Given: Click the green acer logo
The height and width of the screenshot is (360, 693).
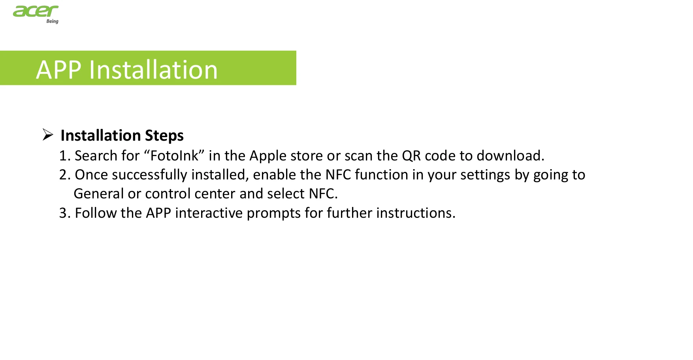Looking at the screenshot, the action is (x=36, y=11).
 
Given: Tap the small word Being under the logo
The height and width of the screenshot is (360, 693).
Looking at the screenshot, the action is (x=52, y=21).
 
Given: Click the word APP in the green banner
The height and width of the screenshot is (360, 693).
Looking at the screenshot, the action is (x=59, y=70).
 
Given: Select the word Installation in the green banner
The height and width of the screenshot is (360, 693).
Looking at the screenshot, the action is (x=153, y=70).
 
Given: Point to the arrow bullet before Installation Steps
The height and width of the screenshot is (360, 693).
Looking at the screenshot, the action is (x=48, y=135).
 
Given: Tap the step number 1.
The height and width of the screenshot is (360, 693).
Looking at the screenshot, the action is (x=64, y=156).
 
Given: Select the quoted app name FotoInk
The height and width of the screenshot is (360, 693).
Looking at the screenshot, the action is (x=174, y=156).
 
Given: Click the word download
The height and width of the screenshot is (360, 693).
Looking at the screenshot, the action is (x=510, y=156).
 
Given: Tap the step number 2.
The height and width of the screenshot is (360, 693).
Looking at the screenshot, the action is (x=64, y=175).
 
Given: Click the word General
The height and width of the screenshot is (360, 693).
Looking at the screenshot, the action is (x=99, y=194).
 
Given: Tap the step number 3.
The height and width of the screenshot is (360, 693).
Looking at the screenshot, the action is (x=64, y=213).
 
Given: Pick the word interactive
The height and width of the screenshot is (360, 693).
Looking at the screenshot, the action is (x=209, y=213).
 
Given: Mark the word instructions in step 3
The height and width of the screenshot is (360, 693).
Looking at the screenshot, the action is (x=416, y=213).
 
